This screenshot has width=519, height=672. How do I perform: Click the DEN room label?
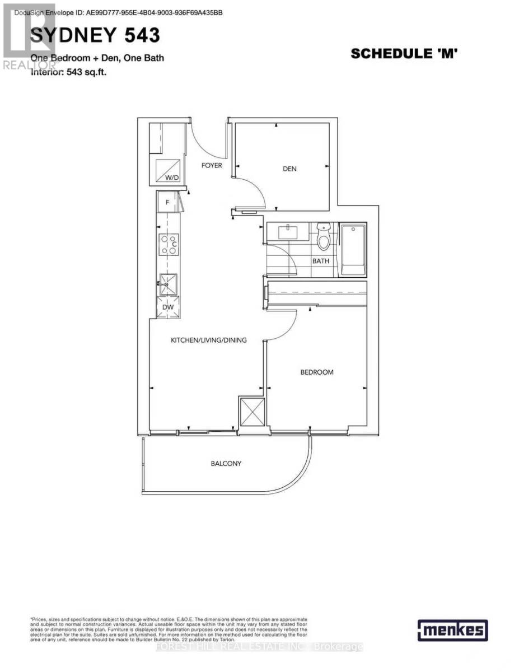coord(289,169)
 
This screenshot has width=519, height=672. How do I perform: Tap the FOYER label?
coord(212,165)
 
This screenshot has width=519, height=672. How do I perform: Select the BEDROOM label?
coord(317,372)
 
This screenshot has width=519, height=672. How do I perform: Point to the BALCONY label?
coord(226,463)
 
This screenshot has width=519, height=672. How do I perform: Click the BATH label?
coord(321,261)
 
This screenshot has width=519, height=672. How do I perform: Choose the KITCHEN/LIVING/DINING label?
coord(209,340)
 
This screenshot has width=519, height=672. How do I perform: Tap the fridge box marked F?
coord(167,202)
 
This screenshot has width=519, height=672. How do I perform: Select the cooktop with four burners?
coord(169,244)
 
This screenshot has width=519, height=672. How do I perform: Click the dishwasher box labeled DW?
coord(167,307)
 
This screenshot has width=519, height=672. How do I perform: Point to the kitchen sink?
coord(167,284)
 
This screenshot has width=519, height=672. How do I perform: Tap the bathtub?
coord(353,249)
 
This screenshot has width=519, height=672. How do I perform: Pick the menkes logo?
coord(452,630)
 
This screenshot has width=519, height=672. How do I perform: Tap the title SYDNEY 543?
coord(95,35)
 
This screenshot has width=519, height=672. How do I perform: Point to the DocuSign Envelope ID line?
coord(119,12)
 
